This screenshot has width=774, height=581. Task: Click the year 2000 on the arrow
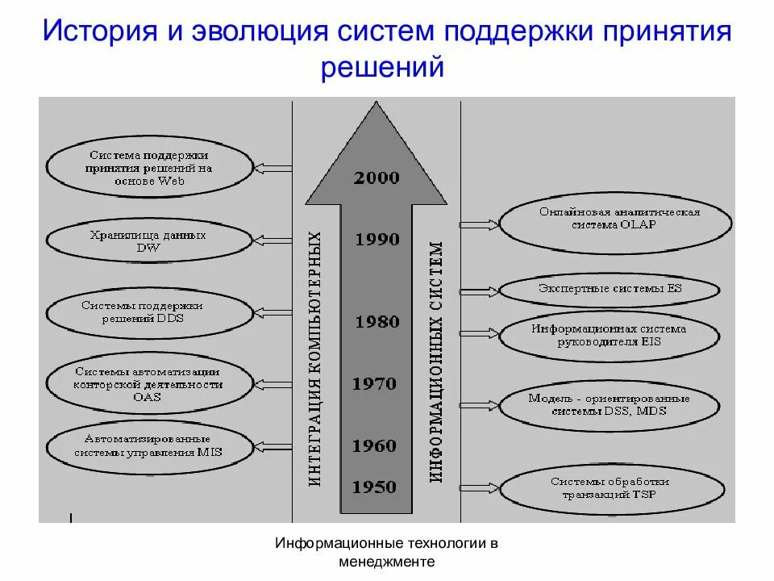(376, 178)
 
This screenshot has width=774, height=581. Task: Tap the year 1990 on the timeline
(377, 239)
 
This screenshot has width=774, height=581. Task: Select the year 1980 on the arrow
(377, 322)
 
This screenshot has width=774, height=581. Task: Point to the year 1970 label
(374, 383)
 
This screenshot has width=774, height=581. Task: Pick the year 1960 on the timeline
(374, 445)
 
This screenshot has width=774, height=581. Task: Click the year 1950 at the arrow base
(374, 487)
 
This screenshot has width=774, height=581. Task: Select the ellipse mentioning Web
(149, 169)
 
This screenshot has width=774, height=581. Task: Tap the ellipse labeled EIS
(609, 335)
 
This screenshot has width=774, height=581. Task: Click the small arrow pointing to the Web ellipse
(273, 168)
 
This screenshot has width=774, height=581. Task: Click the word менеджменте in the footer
(387, 562)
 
